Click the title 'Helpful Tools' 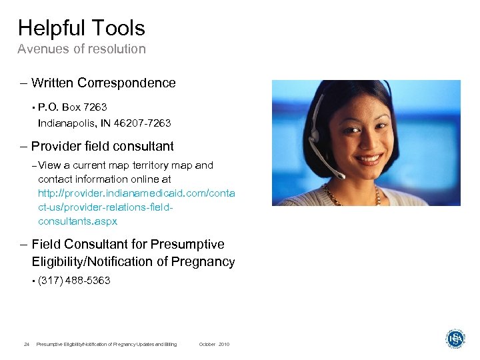click(x=81, y=28)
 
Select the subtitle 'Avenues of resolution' click(x=81, y=49)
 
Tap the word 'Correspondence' click(x=127, y=83)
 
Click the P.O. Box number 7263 click(x=95, y=107)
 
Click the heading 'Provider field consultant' click(x=103, y=146)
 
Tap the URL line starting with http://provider click(x=137, y=193)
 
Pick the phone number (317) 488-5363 click(x=74, y=281)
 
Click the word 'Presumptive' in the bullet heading click(x=187, y=244)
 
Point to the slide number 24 click(x=26, y=344)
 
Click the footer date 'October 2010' click(x=214, y=344)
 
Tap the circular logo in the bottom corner click(x=455, y=338)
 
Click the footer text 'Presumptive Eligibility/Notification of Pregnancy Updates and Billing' click(x=107, y=344)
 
